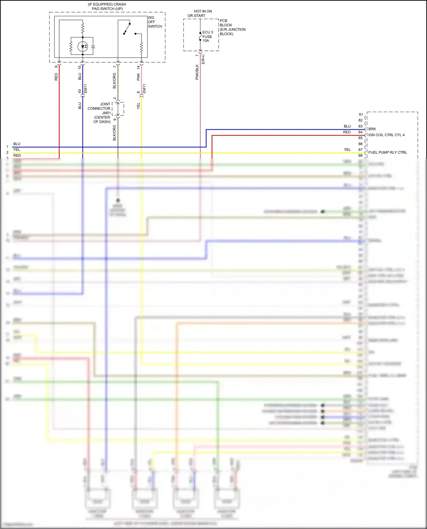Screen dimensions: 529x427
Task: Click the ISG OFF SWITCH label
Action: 155,22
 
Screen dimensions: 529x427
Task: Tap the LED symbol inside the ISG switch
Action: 83,46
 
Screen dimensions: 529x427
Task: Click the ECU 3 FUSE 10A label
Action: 208,36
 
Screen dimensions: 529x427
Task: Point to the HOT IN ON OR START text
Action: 200,13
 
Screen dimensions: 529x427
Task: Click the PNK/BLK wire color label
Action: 197,72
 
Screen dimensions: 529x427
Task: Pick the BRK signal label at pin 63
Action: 372,129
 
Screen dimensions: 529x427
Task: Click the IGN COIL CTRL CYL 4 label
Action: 386,135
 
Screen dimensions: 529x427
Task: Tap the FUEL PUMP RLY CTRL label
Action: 387,152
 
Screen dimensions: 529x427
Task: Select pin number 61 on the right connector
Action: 361,115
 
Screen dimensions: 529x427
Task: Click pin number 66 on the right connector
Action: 360,144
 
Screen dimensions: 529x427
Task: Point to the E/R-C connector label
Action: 203,59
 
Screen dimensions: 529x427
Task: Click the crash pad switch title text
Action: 107,7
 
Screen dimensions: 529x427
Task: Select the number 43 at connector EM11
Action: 80,91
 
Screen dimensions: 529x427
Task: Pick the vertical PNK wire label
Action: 138,77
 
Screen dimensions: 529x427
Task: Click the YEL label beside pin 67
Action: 347,150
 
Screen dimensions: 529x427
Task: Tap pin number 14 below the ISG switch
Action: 138,67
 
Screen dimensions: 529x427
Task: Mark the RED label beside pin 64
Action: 347,132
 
